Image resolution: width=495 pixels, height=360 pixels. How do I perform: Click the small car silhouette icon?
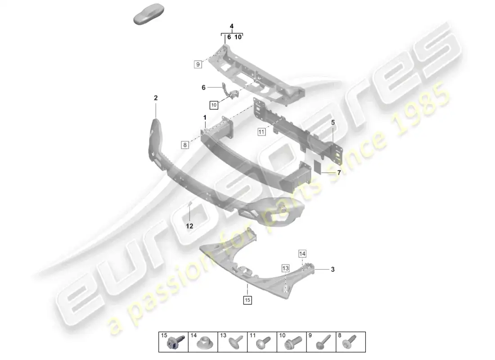click(x=149, y=14)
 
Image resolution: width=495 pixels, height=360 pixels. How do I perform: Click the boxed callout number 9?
click(x=198, y=64)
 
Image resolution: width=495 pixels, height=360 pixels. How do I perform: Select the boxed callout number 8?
click(x=185, y=145)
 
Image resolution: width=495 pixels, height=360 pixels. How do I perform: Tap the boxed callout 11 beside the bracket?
click(x=261, y=132)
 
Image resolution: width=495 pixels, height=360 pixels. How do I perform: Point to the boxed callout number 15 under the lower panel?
click(x=247, y=300)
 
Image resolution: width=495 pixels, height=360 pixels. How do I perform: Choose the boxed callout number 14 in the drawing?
click(x=302, y=254)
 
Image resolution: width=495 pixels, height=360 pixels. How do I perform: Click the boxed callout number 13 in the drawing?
click(x=285, y=268)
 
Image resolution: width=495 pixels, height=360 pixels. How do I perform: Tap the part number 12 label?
click(x=189, y=226)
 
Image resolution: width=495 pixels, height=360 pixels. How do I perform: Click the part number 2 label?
click(x=156, y=98)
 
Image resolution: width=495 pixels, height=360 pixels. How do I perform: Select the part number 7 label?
click(x=339, y=173)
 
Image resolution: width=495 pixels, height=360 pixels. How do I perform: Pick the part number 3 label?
click(x=333, y=270)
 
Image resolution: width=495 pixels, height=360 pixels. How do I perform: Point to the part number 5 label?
click(x=333, y=122)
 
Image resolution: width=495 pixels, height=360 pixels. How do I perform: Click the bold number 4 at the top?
click(x=232, y=26)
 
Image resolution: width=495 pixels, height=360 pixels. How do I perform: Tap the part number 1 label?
click(x=205, y=117)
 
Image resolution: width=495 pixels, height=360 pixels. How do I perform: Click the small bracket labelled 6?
click(x=230, y=91)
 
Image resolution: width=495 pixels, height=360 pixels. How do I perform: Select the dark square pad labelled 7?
click(x=317, y=167)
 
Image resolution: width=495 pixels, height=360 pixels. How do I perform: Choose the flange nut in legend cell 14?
click(x=203, y=343)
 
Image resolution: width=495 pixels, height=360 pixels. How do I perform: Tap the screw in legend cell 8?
click(x=350, y=342)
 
